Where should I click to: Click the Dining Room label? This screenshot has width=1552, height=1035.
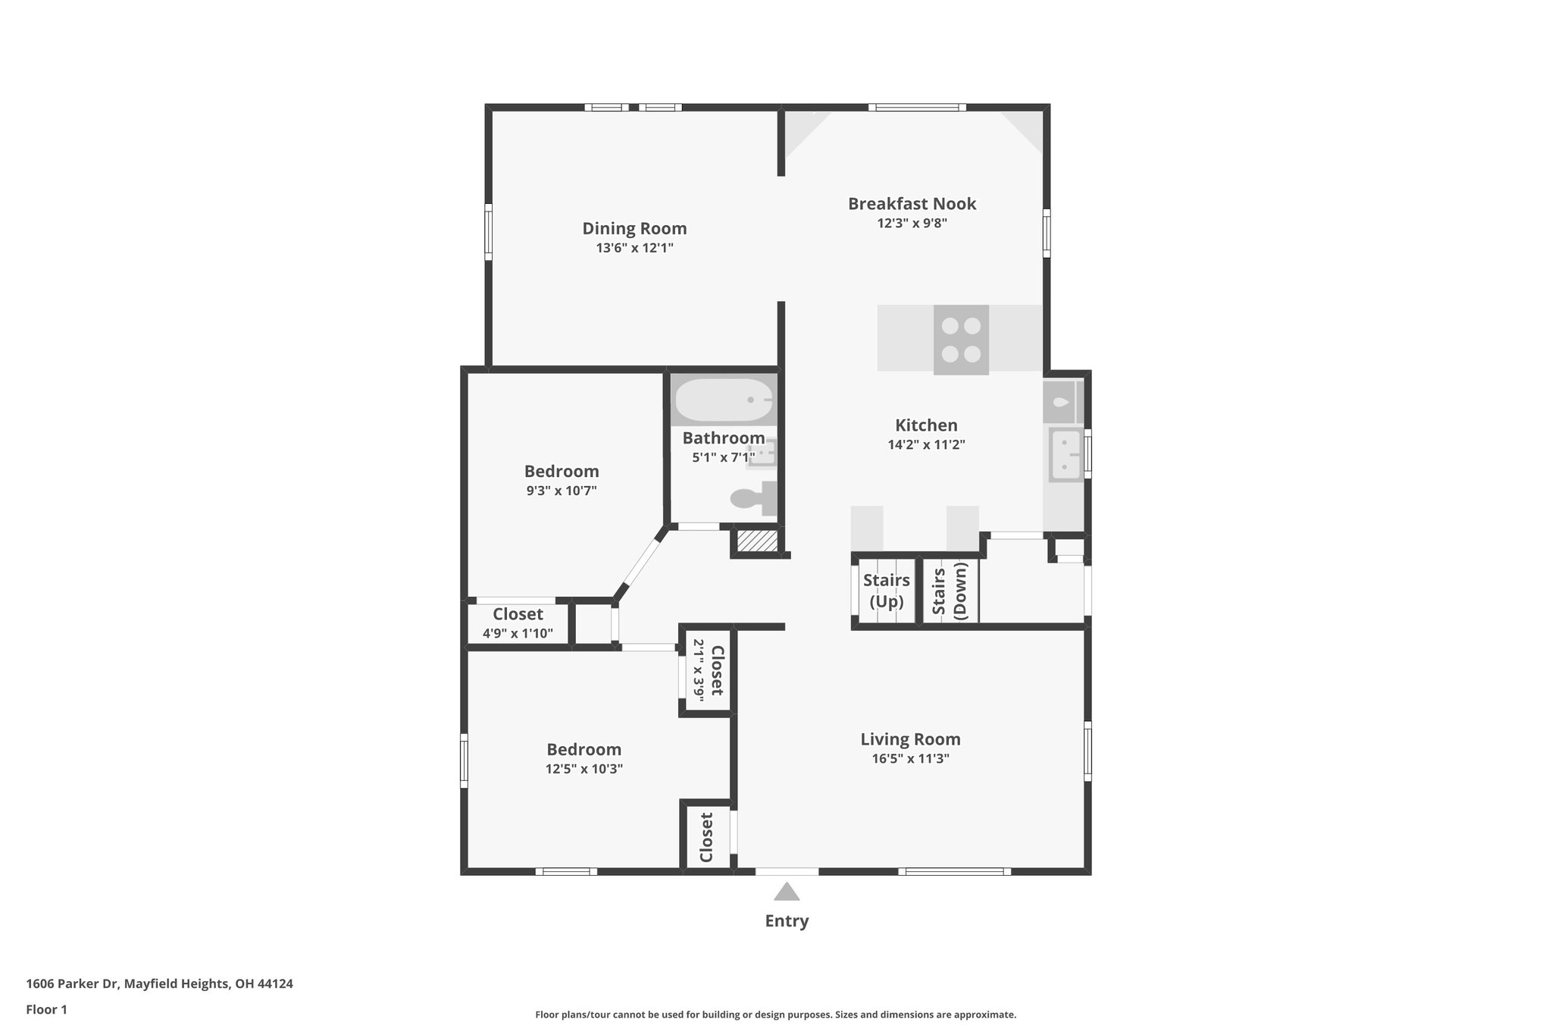click(x=634, y=228)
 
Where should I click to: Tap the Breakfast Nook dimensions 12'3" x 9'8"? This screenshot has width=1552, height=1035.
click(x=912, y=224)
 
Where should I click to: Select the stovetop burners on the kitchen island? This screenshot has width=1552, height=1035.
click(x=961, y=340)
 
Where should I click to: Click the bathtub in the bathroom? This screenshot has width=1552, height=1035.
click(x=724, y=400)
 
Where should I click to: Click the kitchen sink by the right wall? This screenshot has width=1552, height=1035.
click(x=1065, y=454)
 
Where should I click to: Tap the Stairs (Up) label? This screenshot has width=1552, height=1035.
click(x=886, y=591)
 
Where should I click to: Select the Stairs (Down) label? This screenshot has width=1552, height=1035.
click(x=950, y=591)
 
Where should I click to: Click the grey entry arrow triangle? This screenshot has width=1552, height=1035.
click(x=787, y=892)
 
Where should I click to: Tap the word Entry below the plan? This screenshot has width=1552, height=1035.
click(x=787, y=921)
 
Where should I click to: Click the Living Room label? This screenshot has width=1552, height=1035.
click(x=910, y=739)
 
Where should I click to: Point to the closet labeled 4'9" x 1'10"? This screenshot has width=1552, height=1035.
click(x=518, y=623)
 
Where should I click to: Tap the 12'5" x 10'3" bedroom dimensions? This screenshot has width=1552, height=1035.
click(x=584, y=769)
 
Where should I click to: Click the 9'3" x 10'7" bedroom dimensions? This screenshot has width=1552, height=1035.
click(x=562, y=491)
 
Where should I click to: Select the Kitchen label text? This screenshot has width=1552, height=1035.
click(x=926, y=425)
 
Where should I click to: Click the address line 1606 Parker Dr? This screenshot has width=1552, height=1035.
click(x=159, y=984)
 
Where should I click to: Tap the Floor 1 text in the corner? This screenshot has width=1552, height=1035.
click(x=47, y=1010)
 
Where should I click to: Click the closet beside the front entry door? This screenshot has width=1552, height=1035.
click(x=707, y=838)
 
